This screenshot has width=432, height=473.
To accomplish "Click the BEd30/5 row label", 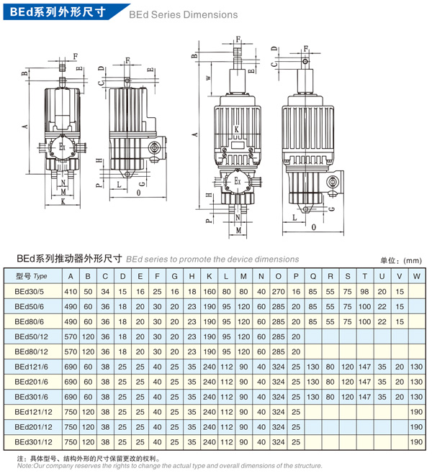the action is (29, 292).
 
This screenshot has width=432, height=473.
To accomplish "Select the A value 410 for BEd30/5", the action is (71, 292).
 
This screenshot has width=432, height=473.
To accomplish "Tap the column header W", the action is (417, 276).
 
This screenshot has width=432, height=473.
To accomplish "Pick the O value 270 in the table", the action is (278, 292).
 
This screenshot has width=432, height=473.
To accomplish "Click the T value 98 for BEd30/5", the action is (364, 292).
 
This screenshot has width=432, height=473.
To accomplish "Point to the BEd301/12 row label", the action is (33, 442).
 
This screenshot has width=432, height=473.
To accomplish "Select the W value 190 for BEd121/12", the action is (417, 412).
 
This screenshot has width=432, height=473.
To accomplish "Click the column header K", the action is (209, 276).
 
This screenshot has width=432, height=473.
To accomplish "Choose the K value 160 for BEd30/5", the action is (210, 292).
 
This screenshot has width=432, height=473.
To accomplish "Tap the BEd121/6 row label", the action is (31, 367).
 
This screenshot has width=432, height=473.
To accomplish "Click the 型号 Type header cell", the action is (32, 276).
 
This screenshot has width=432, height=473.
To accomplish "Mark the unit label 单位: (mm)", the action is (401, 261).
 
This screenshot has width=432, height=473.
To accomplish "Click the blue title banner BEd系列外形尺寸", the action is (58, 12).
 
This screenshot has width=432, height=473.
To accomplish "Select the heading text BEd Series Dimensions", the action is (183, 14).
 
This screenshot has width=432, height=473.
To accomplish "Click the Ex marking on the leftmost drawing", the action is (62, 147).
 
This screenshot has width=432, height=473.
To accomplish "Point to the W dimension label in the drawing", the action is (208, 78).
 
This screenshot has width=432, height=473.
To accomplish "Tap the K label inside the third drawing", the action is (237, 129).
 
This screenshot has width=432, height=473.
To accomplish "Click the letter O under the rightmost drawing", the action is (314, 227).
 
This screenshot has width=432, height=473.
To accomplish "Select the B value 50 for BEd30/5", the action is (88, 292).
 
